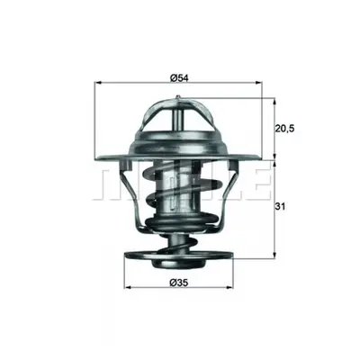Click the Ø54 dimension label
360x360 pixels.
(179, 78)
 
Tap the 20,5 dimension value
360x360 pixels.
(284, 129)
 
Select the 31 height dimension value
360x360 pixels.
(279, 206)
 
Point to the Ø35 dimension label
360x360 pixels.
(179, 282)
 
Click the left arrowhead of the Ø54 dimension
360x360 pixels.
(97, 82)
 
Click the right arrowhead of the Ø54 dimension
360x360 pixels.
(259, 82)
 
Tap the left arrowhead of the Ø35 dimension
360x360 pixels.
(127, 287)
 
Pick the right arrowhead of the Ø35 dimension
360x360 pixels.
(230, 287)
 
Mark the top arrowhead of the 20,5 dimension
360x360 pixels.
(274, 101)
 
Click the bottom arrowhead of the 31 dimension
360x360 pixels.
(274, 255)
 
